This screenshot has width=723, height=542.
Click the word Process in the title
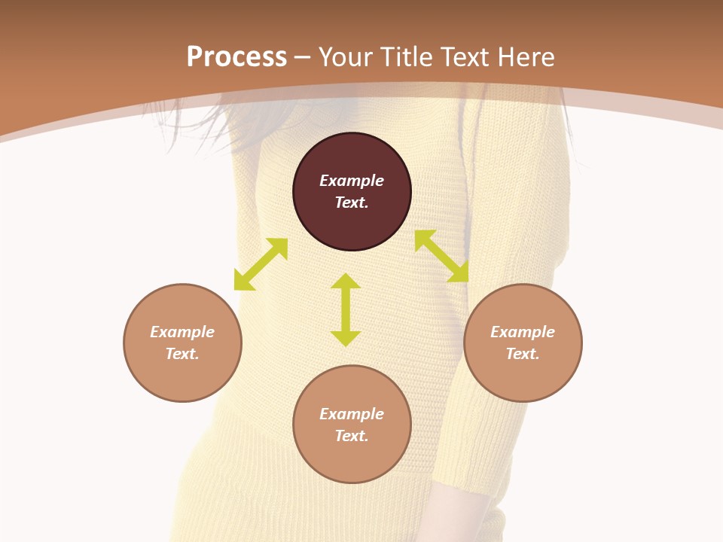pos(236,57)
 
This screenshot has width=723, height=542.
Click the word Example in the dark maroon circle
pos(352,181)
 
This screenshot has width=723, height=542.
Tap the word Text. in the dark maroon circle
pos(352,202)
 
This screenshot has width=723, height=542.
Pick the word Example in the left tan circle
pos(182,332)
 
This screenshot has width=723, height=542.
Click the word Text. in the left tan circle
pos(182,354)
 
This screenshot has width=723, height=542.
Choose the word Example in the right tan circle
pos(523,332)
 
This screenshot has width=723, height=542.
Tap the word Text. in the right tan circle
pos(523,354)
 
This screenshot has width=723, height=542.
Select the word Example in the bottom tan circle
pos(352,414)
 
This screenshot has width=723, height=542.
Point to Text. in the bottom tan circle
pos(352,436)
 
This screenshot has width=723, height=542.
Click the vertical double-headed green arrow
pos(346,309)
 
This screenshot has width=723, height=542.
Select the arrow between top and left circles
pos(261,264)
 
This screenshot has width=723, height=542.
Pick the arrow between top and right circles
pos(441,256)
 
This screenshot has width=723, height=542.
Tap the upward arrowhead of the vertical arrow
pos(346,281)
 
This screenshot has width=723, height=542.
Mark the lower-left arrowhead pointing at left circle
pos(242,282)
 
